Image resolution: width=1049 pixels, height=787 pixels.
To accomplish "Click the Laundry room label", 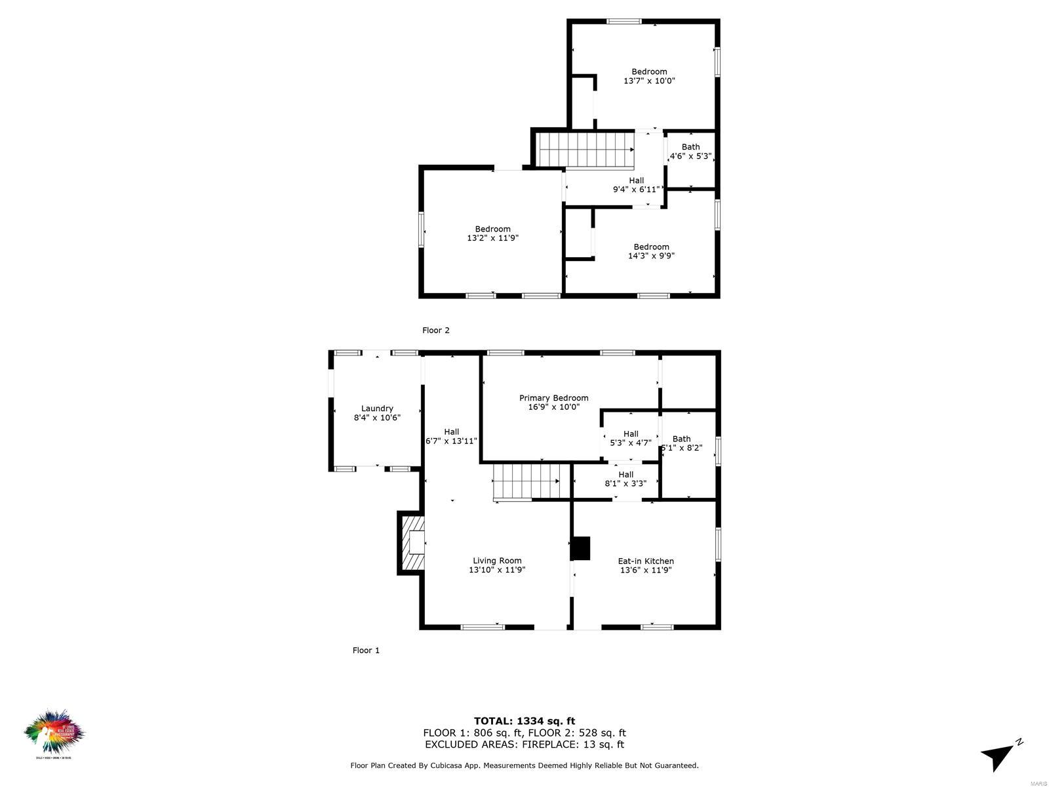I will (377, 409).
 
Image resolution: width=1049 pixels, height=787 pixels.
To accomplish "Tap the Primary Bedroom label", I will (553, 398).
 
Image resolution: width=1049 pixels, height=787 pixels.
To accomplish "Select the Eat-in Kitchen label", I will (646, 561).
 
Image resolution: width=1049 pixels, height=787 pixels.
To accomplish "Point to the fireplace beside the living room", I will (412, 543).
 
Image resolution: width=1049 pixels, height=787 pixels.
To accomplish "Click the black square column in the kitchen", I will (580, 548).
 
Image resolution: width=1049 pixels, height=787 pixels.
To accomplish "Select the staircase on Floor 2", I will (585, 149).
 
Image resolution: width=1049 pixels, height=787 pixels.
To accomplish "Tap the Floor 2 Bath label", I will (690, 147).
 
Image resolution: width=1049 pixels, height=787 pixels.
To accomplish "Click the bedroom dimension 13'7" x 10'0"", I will (649, 81).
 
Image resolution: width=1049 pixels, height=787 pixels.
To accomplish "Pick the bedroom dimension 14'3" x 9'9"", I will (651, 256).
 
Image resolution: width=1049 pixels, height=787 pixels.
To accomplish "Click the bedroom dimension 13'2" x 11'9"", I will (492, 239).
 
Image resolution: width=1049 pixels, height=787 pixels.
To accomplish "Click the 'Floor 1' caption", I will (366, 651).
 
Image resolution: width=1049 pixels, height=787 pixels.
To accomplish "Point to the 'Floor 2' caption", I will (436, 331).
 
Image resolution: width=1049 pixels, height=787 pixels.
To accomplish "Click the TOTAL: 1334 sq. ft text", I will (524, 721).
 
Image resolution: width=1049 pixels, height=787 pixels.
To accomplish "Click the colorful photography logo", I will (54, 733).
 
